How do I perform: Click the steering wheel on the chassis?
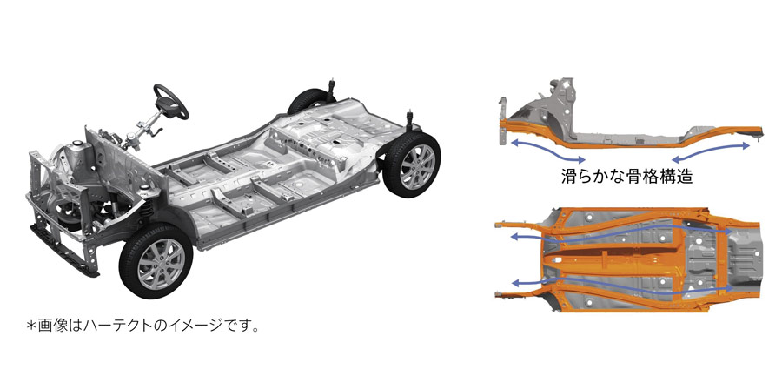pyautogui.click(x=171, y=101)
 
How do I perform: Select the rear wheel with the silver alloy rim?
pyautogui.click(x=412, y=165)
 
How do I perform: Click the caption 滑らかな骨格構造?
pyautogui.click(x=626, y=177)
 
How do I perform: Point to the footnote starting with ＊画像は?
pyautogui.click(x=142, y=326)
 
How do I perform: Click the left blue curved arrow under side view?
pyautogui.click(x=548, y=151)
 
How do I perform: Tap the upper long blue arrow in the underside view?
pyautogui.click(x=621, y=233)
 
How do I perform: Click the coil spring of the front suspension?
pyautogui.click(x=145, y=205)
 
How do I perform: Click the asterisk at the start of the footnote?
pyautogui.click(x=32, y=326)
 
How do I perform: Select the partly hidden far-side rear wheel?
pyautogui.click(x=308, y=101)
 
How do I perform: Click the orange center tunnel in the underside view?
pyautogui.click(x=613, y=259)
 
